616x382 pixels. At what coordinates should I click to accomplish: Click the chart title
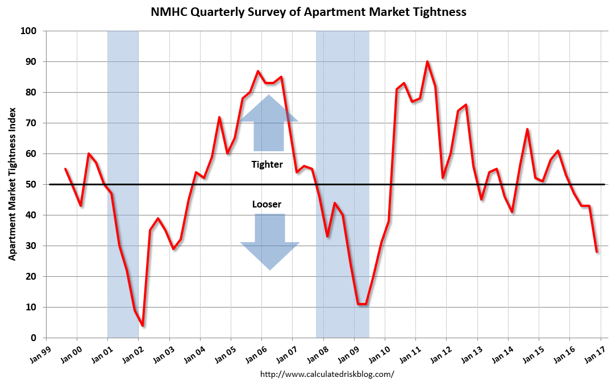(x=309, y=11)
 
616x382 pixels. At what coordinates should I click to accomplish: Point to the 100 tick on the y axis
(x=30, y=31)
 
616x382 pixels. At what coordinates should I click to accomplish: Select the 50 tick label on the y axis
(x=32, y=184)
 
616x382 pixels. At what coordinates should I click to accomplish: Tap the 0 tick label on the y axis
(x=34, y=338)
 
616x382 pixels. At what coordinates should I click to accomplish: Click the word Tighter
(x=267, y=164)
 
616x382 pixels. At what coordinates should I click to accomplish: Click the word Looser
(x=267, y=204)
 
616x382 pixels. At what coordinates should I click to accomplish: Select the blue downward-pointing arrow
(x=269, y=242)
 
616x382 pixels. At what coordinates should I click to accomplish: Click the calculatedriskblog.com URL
(x=327, y=374)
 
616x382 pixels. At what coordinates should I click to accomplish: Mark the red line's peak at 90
(x=427, y=61)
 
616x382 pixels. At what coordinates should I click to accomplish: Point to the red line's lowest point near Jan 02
(x=142, y=326)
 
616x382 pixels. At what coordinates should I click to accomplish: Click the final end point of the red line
(x=597, y=251)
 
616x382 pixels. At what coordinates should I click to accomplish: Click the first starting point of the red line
(x=65, y=169)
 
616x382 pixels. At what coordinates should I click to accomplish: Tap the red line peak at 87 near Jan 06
(x=258, y=71)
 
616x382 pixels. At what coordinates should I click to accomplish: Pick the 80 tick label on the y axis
(x=32, y=92)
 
